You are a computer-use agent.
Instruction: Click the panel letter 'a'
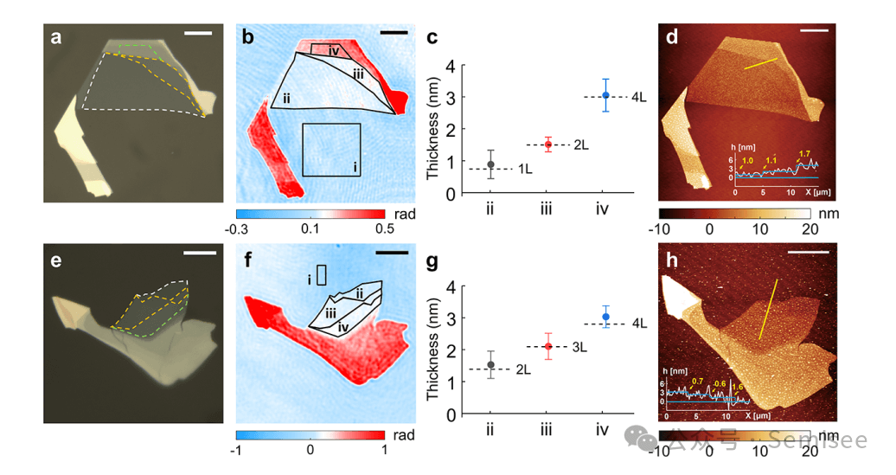coord(56,37)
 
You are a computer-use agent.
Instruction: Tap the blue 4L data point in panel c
coord(606,95)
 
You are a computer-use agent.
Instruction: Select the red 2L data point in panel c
coord(547,144)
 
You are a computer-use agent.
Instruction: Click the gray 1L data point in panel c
coord(490,164)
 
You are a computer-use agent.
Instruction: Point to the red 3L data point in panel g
coord(547,346)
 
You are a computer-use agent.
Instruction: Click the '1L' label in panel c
coord(526,169)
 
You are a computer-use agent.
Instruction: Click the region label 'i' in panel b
coord(355,165)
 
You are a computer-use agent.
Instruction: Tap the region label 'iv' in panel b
coord(335,50)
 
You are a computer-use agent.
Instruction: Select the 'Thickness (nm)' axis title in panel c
coord(435,129)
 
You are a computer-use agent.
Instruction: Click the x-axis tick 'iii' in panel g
coord(547,428)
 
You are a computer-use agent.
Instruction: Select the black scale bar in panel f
coord(392,254)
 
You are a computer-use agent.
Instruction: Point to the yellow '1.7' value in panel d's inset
coord(805,153)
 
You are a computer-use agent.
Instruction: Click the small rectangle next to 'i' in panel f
coord(323,275)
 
